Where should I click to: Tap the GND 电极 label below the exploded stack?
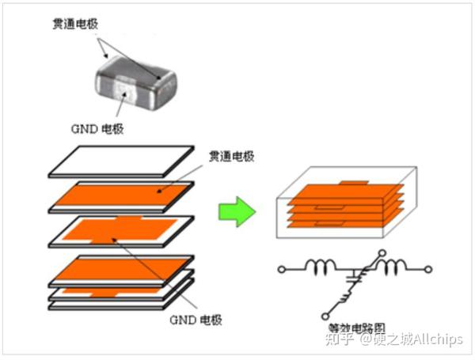(x=196, y=320)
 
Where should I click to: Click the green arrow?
(x=236, y=211)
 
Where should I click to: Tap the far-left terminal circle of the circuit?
(x=282, y=269)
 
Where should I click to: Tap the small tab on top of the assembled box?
(x=354, y=183)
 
